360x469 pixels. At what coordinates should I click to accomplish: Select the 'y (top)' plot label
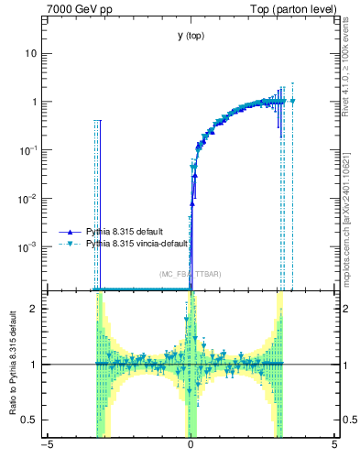(191, 36)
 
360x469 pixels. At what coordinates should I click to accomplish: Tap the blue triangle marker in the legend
(72, 232)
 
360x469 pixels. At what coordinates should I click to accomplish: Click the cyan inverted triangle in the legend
(72, 245)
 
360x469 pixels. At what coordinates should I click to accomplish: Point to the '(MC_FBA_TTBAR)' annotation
(191, 274)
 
